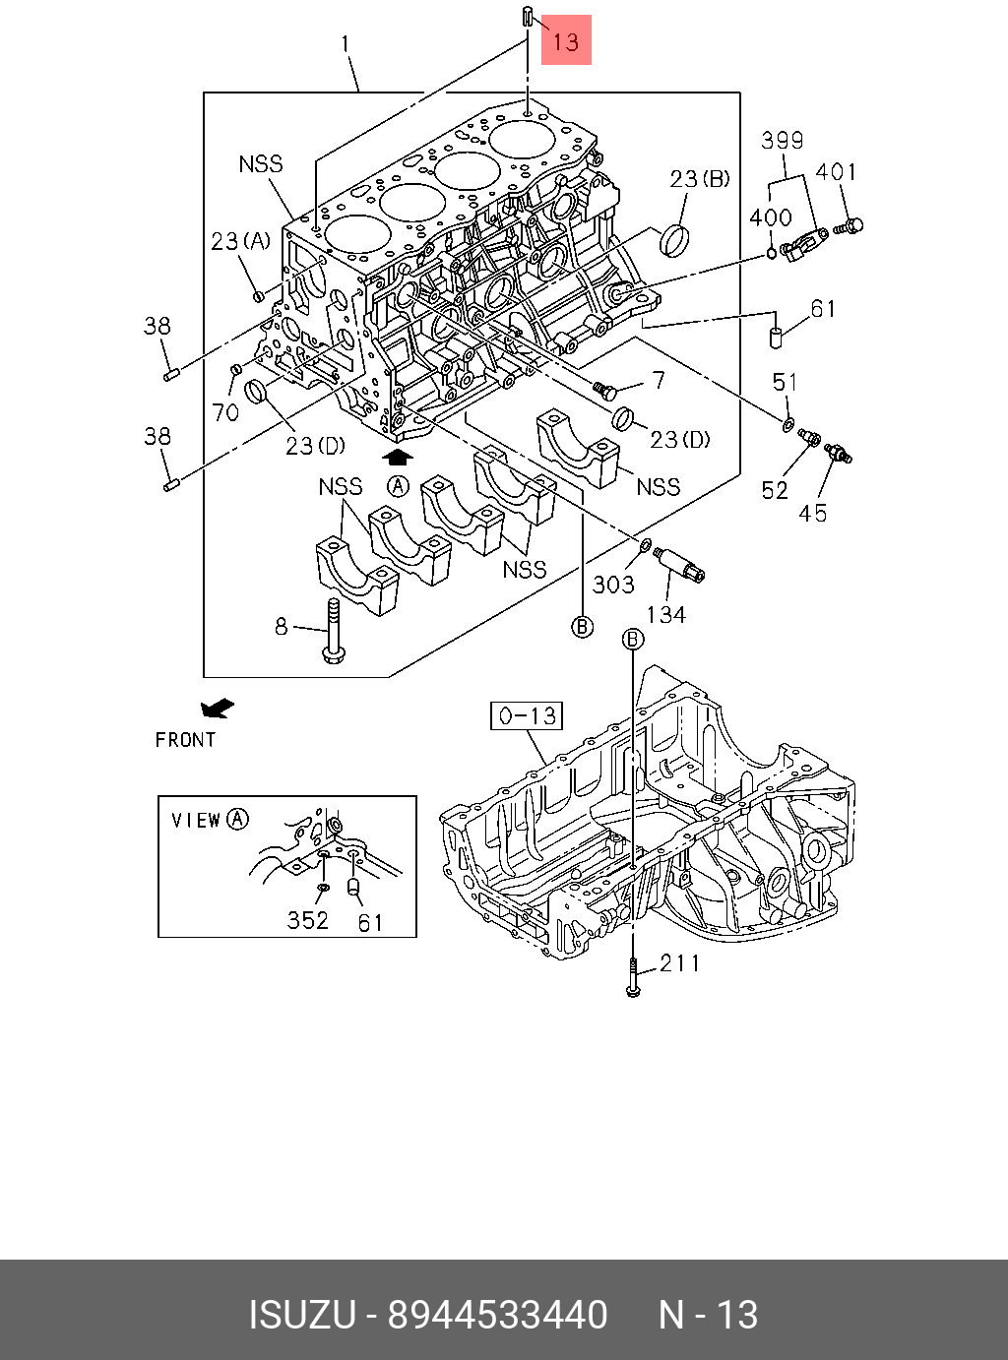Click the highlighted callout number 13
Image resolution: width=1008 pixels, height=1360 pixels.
click(566, 41)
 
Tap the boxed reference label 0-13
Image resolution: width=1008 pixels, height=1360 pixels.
click(527, 715)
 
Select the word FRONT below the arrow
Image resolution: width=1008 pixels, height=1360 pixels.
click(185, 740)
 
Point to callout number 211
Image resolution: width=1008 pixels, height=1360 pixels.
click(679, 962)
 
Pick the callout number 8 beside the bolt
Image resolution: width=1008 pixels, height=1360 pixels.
click(282, 626)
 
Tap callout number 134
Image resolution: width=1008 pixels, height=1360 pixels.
click(666, 614)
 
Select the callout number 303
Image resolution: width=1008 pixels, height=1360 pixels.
click(613, 585)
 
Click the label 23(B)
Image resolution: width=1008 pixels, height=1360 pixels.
click(700, 178)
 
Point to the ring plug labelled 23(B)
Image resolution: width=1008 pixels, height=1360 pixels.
click(674, 239)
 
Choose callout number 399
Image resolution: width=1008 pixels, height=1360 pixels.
click(783, 141)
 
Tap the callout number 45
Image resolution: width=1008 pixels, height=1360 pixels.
click(813, 513)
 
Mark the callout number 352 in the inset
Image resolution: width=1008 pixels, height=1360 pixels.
click(307, 920)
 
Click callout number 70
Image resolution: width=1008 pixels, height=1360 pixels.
click(226, 411)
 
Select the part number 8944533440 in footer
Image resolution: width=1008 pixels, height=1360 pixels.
click(498, 1315)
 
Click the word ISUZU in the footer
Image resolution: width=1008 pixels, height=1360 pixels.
click(301, 1315)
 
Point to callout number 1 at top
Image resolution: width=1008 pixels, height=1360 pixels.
click(346, 44)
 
